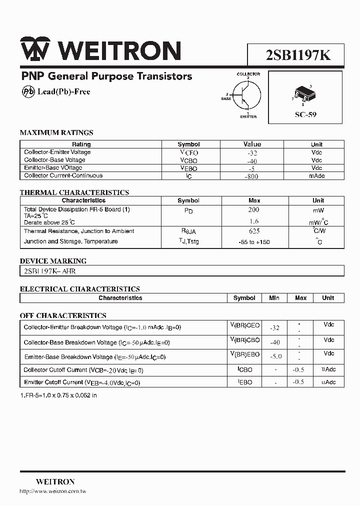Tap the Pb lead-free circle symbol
(x=28, y=91)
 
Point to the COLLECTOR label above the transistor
(x=248, y=74)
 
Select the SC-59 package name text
(x=305, y=114)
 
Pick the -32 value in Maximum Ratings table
(x=252, y=152)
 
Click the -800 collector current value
(x=252, y=175)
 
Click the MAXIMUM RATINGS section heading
(x=56, y=133)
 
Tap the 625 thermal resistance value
(x=253, y=231)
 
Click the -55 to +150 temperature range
(x=253, y=242)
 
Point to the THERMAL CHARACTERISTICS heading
(x=74, y=192)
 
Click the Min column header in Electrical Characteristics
(x=274, y=298)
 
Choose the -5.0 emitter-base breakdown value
(x=275, y=356)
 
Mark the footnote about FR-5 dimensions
(x=58, y=395)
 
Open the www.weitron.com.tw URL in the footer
(x=53, y=491)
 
